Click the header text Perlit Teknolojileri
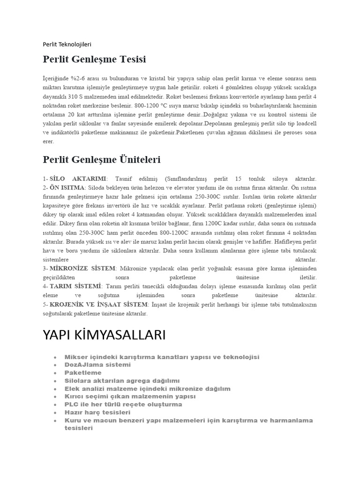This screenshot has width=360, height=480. point(67,45)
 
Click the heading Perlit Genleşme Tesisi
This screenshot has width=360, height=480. point(94,60)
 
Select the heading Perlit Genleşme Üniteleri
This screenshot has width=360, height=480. point(101,160)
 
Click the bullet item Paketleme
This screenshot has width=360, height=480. point(83,373)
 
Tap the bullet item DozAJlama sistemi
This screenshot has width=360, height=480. point(97,365)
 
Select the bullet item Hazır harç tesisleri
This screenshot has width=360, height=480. point(97,412)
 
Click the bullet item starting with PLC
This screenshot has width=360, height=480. point(123,404)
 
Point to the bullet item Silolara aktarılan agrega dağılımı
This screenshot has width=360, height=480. point(122,381)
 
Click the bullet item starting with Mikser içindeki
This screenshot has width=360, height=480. point(162,357)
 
